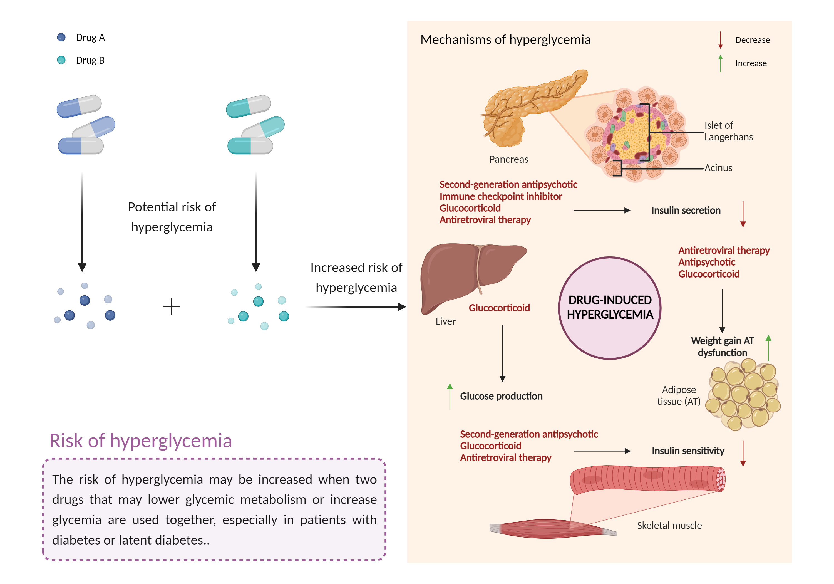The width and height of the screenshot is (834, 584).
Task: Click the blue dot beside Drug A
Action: coord(61,38)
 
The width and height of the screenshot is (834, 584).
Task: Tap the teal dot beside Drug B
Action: coord(61,60)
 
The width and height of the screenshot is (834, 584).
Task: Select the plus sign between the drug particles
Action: coord(172,306)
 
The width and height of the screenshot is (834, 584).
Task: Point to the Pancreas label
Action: coord(508,159)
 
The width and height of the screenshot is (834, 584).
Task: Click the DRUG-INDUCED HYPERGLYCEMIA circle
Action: coord(610,308)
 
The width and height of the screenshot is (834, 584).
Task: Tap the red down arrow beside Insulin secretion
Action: coord(743,214)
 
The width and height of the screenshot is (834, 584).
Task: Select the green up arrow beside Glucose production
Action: coord(450,396)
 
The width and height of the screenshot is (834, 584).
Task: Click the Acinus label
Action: coord(718,168)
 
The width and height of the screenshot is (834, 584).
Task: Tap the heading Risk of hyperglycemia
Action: coord(141,441)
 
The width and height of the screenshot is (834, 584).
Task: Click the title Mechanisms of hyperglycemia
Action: coord(505,39)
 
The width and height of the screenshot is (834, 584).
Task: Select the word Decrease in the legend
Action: coord(752,40)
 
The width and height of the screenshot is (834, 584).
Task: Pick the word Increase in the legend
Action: coord(751,63)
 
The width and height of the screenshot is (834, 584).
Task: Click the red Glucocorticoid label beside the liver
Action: coord(499,308)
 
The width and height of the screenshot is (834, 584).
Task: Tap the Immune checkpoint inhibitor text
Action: coord(501,196)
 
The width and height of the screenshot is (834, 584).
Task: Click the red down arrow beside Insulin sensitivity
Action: coord(743,453)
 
